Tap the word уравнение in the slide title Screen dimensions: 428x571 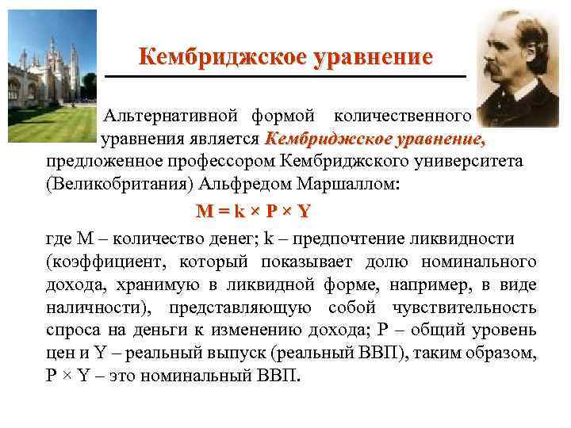[x=364, y=57]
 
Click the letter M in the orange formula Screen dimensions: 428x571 [x=205, y=212]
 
